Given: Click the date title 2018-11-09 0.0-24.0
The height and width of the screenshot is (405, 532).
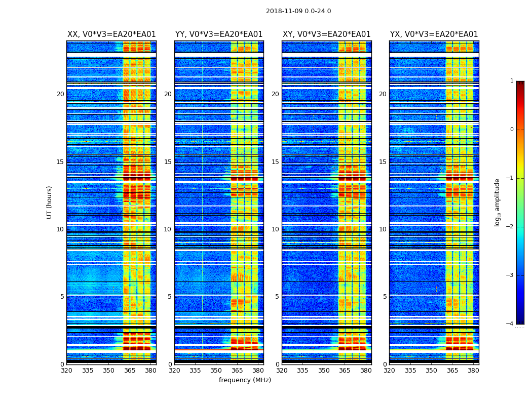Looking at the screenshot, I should [x=298, y=11].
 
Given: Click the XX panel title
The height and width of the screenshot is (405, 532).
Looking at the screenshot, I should [x=111, y=34].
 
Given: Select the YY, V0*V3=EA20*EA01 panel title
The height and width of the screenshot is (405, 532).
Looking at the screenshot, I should [x=219, y=34].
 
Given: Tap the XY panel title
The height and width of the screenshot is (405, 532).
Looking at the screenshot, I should [x=326, y=34].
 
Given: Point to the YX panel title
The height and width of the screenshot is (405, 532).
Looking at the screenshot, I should [x=434, y=34].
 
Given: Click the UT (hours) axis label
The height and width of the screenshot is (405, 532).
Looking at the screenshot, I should [x=49, y=202].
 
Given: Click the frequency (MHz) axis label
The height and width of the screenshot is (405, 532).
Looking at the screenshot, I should [x=245, y=380].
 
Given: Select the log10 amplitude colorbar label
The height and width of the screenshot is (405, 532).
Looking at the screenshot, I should [x=498, y=202].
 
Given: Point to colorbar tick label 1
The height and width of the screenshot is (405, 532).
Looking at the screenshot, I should [x=512, y=81].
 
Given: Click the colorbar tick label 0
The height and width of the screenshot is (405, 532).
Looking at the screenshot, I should [x=512, y=130].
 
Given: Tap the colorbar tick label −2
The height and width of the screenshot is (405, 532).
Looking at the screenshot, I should [x=510, y=227].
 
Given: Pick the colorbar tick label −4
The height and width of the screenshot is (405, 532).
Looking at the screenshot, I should [x=510, y=324].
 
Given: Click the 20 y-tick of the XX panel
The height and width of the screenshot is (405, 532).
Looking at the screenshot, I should [x=60, y=94].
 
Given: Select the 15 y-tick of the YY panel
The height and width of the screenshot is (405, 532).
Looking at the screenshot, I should [x=168, y=162].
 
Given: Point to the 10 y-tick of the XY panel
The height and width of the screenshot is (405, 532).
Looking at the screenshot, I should [x=275, y=229].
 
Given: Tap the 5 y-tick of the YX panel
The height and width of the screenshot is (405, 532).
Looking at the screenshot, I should [x=385, y=297].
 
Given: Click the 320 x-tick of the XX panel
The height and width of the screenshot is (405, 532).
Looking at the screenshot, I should [x=66, y=371].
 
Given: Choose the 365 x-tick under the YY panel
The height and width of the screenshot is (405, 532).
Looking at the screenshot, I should [x=237, y=371].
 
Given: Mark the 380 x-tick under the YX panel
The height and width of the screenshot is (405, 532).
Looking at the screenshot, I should [x=473, y=371].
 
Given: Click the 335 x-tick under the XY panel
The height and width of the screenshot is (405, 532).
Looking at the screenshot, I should [x=303, y=371].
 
